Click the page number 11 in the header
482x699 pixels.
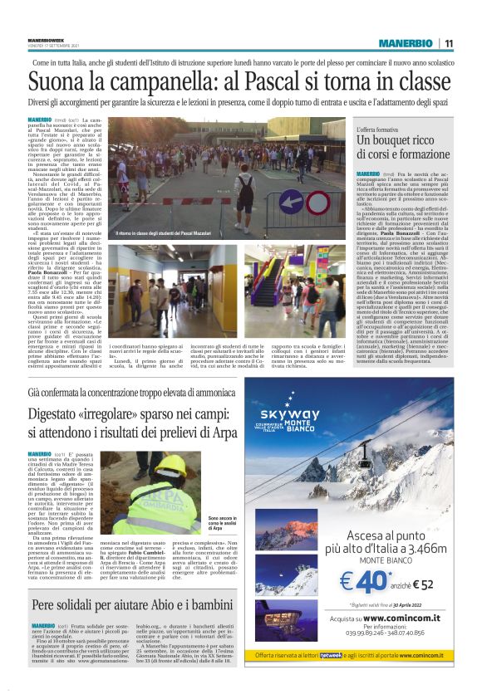pyautogui.click(x=449, y=43)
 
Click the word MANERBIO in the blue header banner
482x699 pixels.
pyautogui.click(x=406, y=43)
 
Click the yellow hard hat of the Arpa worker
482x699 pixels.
pyautogui.click(x=171, y=466)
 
